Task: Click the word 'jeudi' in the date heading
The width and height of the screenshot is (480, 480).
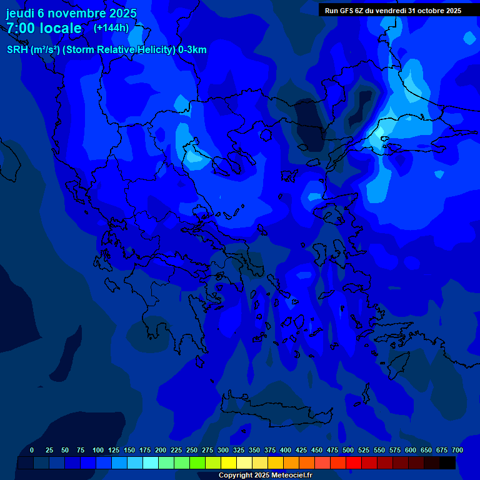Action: tap(19, 14)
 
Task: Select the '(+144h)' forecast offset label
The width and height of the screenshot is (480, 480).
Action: tap(111, 27)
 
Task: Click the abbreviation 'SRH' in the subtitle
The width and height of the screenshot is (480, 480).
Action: tap(17, 50)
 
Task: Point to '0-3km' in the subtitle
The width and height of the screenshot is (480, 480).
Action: tap(192, 50)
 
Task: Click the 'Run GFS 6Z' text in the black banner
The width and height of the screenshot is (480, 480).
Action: tap(345, 11)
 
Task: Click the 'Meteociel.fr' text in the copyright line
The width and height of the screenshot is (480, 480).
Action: tap(290, 476)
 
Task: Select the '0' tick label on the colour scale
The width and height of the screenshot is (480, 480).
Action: tap(32, 450)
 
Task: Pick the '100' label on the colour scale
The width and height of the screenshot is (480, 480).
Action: tap(98, 450)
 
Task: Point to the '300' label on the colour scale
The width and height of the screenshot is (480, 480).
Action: tap(223, 450)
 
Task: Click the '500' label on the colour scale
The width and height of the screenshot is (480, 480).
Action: tap(348, 450)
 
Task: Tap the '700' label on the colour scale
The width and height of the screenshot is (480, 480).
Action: tap(457, 450)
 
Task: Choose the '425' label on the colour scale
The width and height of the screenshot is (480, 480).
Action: tap(301, 450)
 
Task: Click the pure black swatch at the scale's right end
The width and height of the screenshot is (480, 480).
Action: tap(447, 463)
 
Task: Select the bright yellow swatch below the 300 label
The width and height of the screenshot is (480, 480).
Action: tap(229, 463)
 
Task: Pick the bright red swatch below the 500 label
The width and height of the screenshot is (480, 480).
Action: tap(354, 463)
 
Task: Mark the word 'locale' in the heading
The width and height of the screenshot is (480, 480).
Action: tap(61, 28)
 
